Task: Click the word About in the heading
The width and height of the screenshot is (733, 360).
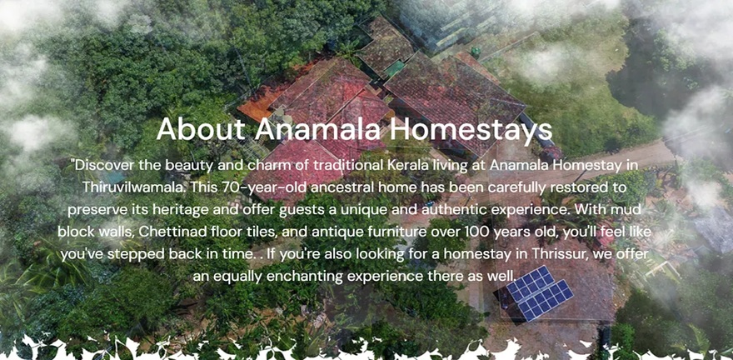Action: click(201, 129)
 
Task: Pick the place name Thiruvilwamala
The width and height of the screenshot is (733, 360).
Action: click(135, 187)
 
